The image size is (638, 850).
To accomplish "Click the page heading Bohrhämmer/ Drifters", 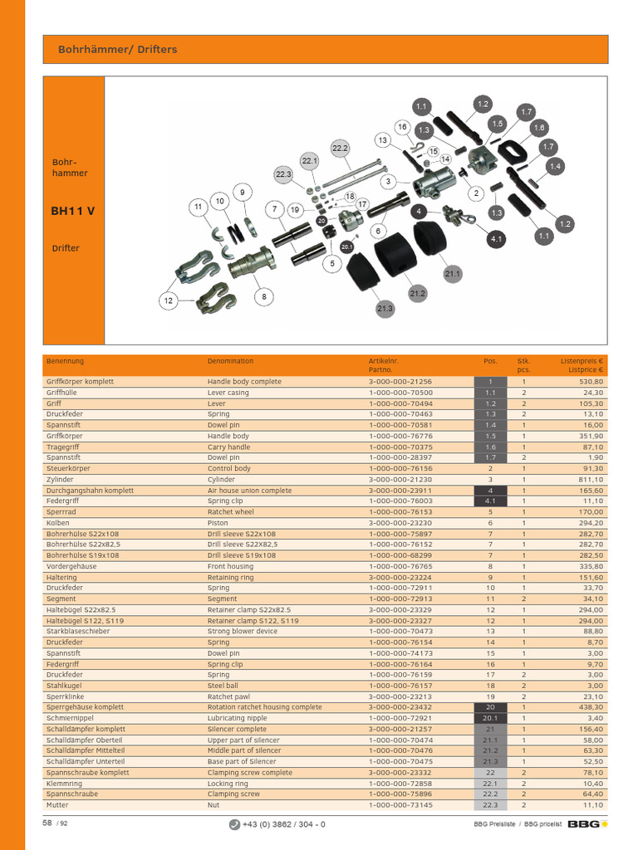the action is coord(117,49).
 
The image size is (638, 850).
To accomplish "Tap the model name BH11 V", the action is coord(73,211).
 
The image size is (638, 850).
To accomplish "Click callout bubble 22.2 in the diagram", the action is coord(340,148).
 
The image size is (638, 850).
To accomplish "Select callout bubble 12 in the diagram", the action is coord(168,300).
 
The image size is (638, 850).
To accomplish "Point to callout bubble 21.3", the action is coord(385,309).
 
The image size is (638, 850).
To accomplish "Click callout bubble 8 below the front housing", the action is coord(263,296).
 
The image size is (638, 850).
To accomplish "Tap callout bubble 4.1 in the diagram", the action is coord(497,239).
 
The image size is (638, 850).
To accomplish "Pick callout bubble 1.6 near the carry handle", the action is coord(538,128).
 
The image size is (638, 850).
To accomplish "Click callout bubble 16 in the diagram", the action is coord(402,127).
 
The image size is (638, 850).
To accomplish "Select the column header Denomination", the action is coord(230,361).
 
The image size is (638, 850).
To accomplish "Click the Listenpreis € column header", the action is coord(582,361).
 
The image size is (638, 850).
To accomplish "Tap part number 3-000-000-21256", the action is coord(401,382).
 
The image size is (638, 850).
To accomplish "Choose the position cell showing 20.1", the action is coord(490,718).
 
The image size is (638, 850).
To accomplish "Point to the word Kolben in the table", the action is coord(57,523).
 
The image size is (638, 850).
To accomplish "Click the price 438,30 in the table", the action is coord(591,707).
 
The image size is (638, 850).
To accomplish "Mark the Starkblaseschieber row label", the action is coord(78,632).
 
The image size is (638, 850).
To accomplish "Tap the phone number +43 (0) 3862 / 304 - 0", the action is coord(284,824).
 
